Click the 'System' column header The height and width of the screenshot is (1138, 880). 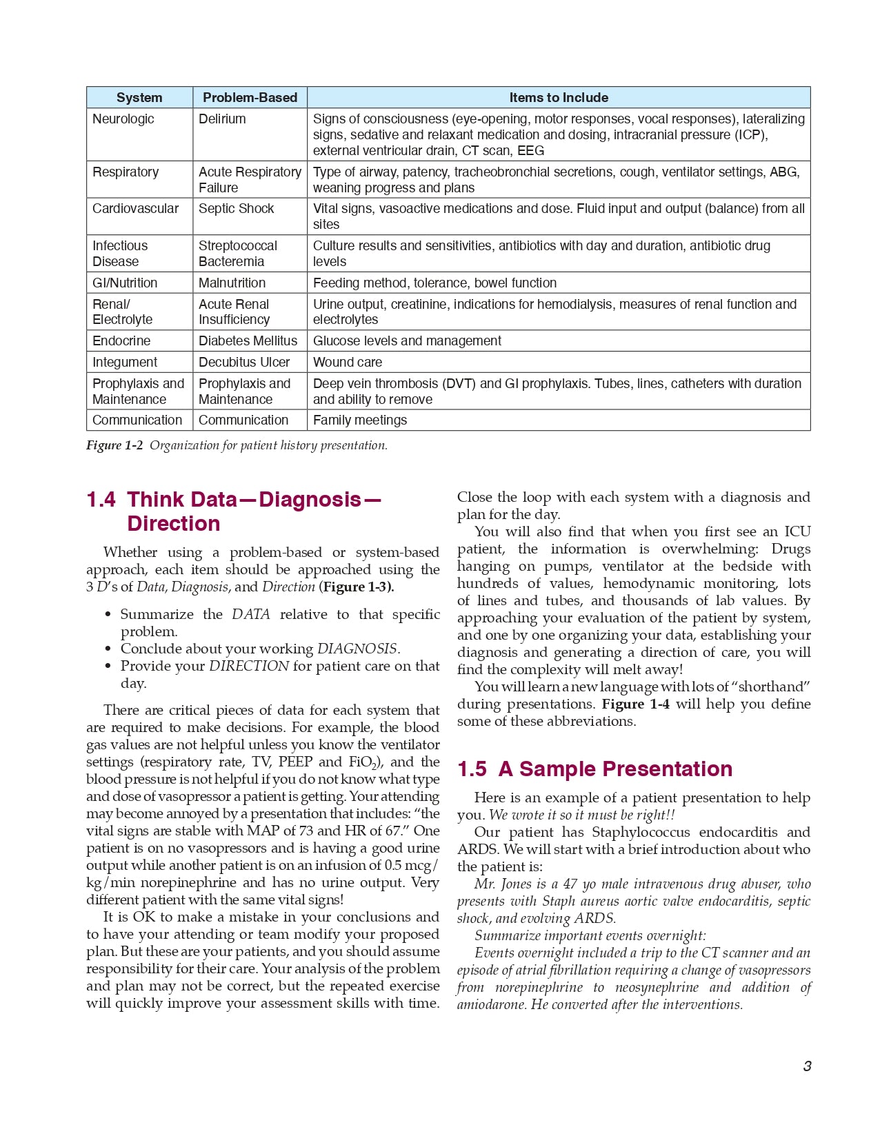[139, 98]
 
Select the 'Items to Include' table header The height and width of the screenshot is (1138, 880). [559, 98]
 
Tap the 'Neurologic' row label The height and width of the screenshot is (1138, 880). [123, 119]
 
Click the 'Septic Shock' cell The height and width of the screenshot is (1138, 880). [237, 209]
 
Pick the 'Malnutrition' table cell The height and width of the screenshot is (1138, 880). [232, 283]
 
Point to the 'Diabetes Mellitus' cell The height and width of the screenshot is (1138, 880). [248, 341]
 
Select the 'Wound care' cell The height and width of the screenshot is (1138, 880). [348, 362]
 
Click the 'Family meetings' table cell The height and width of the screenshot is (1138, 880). [360, 420]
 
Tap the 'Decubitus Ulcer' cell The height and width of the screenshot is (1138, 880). [244, 362]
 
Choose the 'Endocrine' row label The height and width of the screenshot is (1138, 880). [121, 341]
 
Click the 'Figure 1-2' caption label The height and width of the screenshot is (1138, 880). [114, 445]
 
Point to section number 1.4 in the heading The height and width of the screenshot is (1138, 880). [101, 500]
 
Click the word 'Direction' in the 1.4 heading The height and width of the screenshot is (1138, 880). [174, 524]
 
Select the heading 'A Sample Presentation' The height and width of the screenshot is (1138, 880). [615, 769]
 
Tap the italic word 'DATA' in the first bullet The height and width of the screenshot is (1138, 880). [251, 614]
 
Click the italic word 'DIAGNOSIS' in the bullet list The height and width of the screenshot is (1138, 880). [357, 649]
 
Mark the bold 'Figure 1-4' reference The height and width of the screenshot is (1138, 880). [635, 704]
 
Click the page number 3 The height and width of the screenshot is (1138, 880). [807, 1066]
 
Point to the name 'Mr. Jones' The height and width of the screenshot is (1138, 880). [501, 884]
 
